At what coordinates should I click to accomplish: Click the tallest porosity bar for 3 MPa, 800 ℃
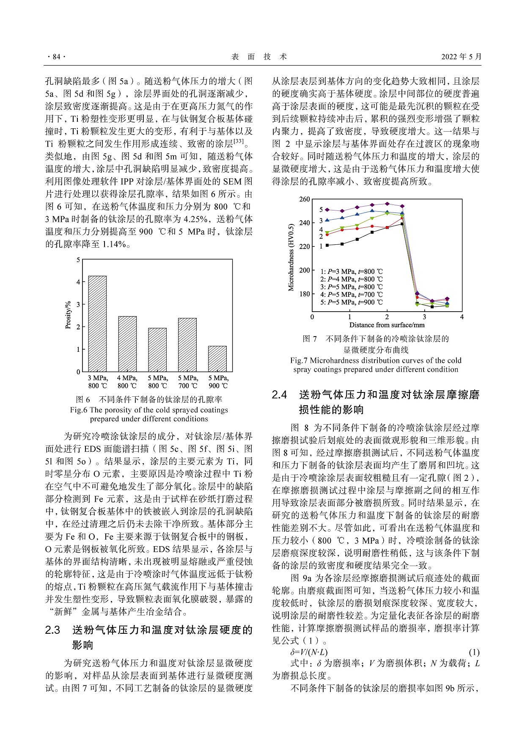pos(97,324)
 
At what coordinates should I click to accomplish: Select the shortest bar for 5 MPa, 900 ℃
pos(217,359)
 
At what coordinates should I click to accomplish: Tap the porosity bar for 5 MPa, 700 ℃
pos(187,345)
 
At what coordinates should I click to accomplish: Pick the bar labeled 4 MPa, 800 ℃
pos(127,344)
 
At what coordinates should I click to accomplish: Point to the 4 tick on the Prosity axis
pos(78,282)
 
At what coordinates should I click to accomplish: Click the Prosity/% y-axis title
pos(68,315)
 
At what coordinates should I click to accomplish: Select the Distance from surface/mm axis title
pos(387,325)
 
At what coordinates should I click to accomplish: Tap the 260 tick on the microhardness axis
pos(304,199)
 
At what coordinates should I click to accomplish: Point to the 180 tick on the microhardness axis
pos(304,294)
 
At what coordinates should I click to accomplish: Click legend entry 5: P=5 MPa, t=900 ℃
pos(351,302)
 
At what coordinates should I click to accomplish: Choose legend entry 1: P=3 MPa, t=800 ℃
pos(351,272)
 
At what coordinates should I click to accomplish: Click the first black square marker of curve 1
pos(327,245)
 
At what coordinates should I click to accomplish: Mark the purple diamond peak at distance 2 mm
pos(387,204)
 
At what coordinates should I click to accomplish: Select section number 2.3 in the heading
pos(53,630)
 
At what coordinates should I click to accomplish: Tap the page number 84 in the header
pos(56,57)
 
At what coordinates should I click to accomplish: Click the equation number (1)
pos(474,652)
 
